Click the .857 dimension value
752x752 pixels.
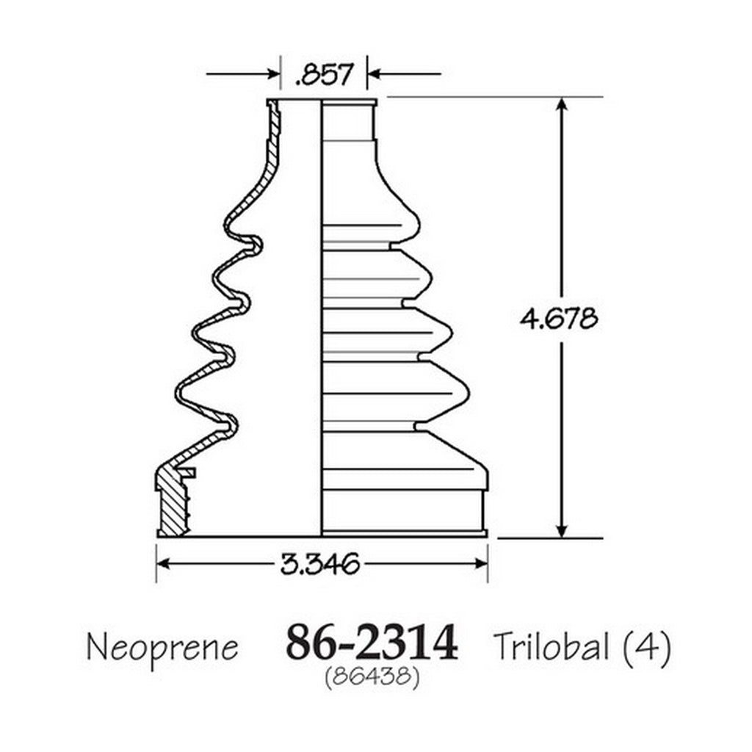tap(325, 74)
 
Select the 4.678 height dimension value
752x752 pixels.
tap(559, 318)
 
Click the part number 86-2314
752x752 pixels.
tap(372, 643)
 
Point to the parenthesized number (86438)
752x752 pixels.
tap(372, 677)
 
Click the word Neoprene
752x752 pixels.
tap(162, 648)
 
